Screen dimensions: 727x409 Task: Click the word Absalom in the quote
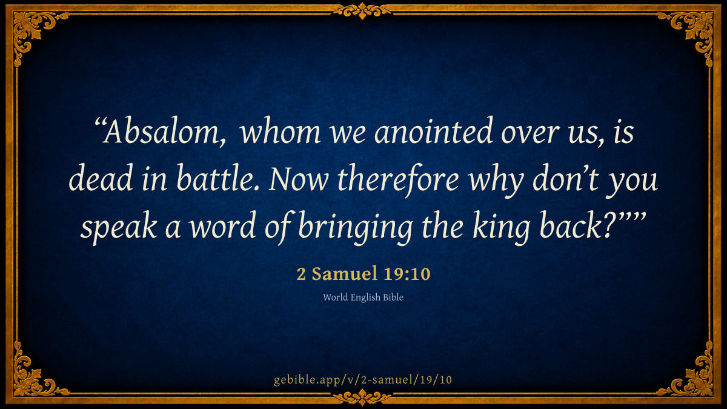[x=164, y=131]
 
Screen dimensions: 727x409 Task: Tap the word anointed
[x=434, y=130]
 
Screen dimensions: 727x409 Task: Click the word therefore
[x=398, y=179]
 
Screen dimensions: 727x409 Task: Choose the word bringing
[x=356, y=227]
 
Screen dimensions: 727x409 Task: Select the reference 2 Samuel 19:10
[x=363, y=274]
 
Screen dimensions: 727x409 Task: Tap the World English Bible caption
[x=363, y=298]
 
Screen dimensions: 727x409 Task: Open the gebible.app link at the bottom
[x=363, y=380]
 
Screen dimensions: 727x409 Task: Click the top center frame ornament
[x=362, y=11]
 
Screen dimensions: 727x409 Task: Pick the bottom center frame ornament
[x=362, y=397]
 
